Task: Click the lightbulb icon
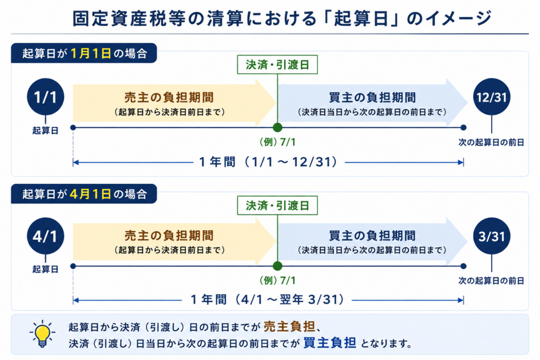[42, 334]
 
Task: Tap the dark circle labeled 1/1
[45, 96]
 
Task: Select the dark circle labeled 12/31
[491, 96]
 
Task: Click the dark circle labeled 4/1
[45, 236]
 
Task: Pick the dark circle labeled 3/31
[491, 236]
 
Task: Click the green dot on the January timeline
[277, 128]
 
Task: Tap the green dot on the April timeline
[277, 266]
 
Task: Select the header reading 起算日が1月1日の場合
[84, 53]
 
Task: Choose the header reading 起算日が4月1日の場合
[84, 194]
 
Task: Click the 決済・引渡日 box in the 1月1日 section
[277, 65]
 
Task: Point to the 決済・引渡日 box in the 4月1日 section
[277, 206]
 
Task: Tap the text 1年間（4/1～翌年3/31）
[267, 299]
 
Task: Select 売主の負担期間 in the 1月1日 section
[169, 98]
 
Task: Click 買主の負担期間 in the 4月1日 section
[372, 236]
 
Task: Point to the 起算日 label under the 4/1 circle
[45, 269]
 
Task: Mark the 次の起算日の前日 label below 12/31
[491, 142]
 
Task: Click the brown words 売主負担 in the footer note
[290, 326]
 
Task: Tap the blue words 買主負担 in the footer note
[330, 343]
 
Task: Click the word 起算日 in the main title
[361, 18]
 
